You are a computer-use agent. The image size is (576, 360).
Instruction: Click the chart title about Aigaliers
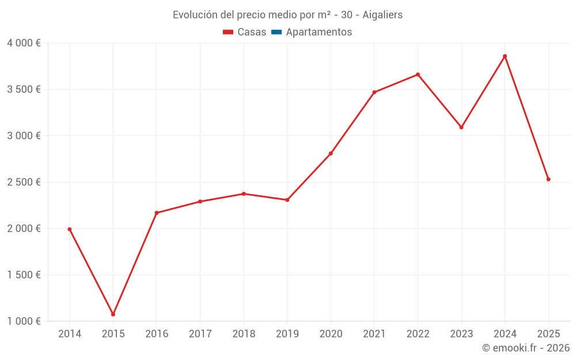coord(287,15)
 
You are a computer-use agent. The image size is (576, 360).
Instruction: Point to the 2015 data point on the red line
coord(113,314)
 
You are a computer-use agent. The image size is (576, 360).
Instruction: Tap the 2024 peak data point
coord(505,56)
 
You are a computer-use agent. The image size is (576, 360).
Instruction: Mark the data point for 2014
coord(70,229)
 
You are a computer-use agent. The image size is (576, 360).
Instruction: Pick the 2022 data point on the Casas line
coord(418,74)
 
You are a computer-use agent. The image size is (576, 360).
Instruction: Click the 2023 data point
coord(461,127)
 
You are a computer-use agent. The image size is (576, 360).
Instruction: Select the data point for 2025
coord(548,179)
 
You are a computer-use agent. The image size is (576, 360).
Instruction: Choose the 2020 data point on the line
coord(331,153)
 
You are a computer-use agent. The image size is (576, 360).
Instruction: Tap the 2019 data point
coord(287,200)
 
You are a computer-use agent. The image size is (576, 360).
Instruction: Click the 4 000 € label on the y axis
coord(24,43)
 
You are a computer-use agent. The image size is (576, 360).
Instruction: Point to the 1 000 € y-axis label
coord(24,321)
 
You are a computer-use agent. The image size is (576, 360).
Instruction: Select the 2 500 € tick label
coord(24,182)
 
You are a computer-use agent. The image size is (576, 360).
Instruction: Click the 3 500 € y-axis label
coord(24,89)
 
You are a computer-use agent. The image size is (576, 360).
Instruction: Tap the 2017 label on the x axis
coord(200,334)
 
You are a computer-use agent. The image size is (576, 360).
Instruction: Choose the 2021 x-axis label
coord(374,334)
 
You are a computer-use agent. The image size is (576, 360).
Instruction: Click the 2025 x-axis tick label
coord(548,334)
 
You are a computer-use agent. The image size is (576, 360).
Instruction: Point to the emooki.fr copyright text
coord(525,348)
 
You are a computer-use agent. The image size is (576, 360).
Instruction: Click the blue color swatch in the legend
coord(276,32)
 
